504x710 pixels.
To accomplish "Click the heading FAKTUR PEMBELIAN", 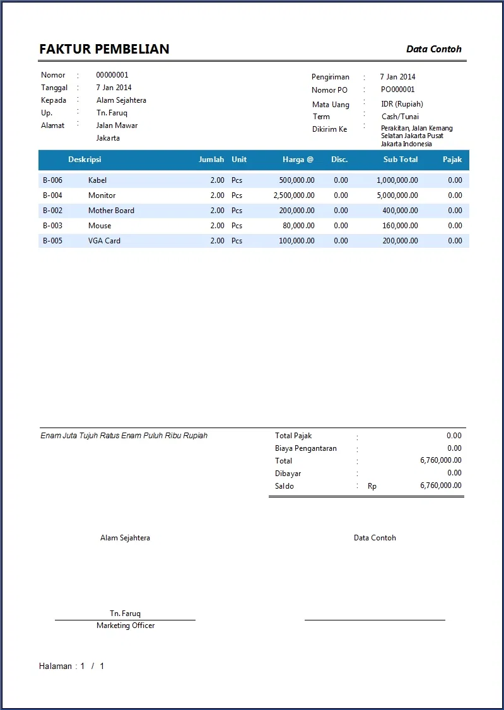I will click(104, 49).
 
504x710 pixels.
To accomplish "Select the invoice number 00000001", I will click(112, 75).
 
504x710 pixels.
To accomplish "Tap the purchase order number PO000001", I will click(397, 90).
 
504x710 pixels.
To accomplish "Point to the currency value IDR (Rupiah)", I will click(402, 104).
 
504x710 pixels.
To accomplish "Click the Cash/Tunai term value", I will click(400, 117).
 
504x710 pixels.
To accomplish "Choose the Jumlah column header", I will click(211, 160).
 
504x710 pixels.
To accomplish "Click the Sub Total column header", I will click(400, 160).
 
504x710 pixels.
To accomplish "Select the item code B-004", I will click(52, 195).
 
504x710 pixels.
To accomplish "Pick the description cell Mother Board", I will click(111, 211).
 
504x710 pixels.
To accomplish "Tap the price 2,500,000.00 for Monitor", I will click(294, 195).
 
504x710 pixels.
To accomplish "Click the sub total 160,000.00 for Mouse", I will click(400, 226).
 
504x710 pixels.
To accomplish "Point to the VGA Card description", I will click(104, 241).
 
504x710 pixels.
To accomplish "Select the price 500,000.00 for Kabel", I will click(296, 180).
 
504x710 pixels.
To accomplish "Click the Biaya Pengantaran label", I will click(306, 448).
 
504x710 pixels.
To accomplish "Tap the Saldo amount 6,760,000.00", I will click(440, 486).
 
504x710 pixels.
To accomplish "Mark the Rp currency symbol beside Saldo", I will click(372, 486).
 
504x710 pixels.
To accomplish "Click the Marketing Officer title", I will click(126, 626).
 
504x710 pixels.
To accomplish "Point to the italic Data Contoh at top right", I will click(434, 49).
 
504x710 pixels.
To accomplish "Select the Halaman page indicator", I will click(71, 666).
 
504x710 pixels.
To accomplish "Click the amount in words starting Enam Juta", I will click(124, 436).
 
